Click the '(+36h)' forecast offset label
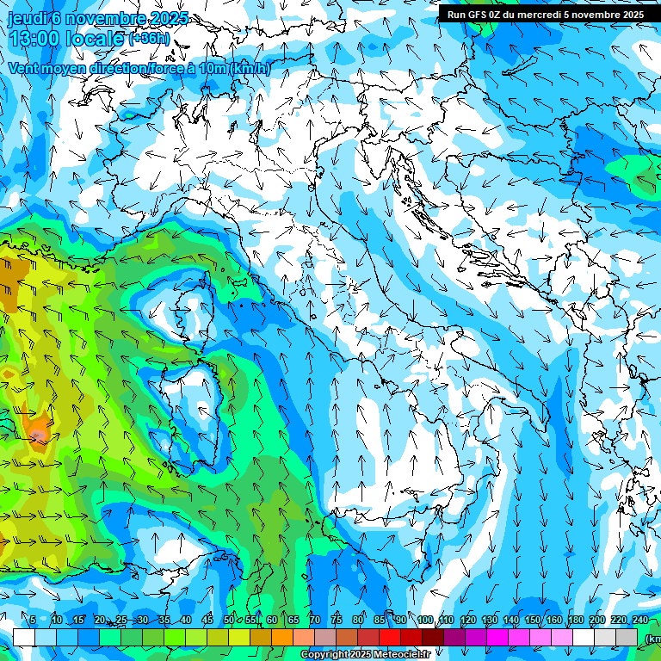point(149,39)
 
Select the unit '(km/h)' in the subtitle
point(250,69)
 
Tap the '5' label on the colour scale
point(33,620)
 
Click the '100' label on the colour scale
point(424,620)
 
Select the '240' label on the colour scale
point(639,620)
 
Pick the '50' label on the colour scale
point(229,620)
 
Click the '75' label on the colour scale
point(337,620)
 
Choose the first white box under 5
point(24,637)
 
